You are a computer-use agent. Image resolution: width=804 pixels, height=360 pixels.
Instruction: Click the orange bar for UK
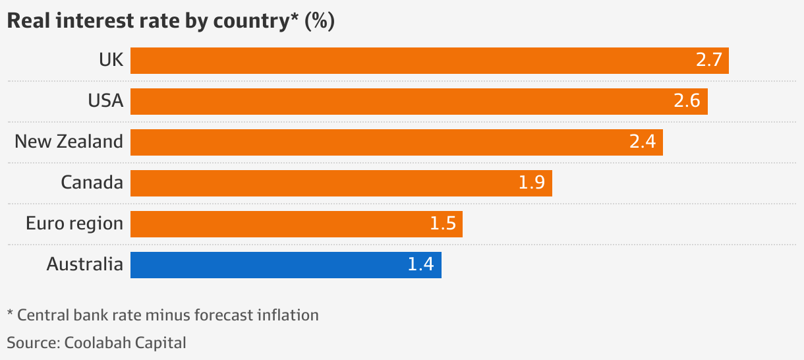pos(409,61)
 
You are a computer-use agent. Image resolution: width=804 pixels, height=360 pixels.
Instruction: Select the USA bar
pos(395,102)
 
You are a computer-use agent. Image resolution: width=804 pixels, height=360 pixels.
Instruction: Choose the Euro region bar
pos(277,224)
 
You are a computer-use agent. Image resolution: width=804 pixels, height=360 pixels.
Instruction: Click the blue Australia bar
pos(264,265)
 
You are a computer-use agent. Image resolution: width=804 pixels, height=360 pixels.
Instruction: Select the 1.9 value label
pos(531,183)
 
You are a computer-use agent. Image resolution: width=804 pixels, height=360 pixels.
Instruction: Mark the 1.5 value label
pos(442,224)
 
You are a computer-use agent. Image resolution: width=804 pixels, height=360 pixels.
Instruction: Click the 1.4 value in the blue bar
pos(420,265)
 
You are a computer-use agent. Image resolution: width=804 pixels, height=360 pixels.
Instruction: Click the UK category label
pos(111,60)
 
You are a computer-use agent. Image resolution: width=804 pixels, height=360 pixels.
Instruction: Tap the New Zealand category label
pos(69,142)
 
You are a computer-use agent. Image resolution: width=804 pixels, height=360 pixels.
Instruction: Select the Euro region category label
pos(74,224)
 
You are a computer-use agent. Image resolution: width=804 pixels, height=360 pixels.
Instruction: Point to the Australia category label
pos(84,264)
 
